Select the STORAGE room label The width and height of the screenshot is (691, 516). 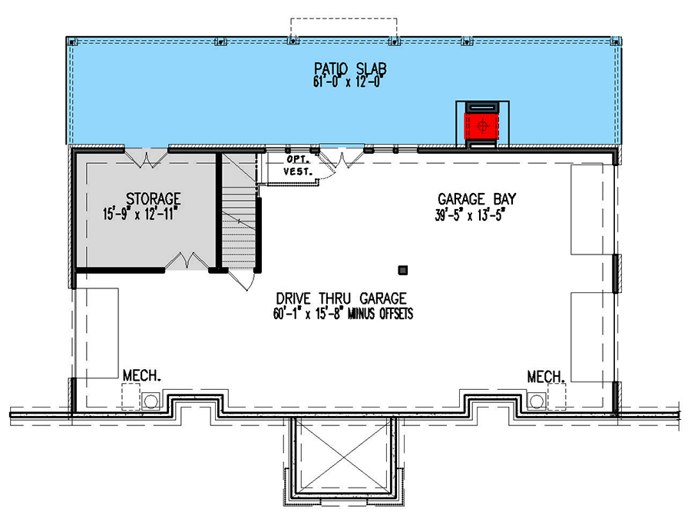[154, 198]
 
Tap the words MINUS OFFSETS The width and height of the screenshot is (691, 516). [380, 313]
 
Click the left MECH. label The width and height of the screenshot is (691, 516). [141, 376]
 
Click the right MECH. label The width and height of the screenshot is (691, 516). [546, 376]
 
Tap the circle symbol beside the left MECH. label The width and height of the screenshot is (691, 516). [150, 400]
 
